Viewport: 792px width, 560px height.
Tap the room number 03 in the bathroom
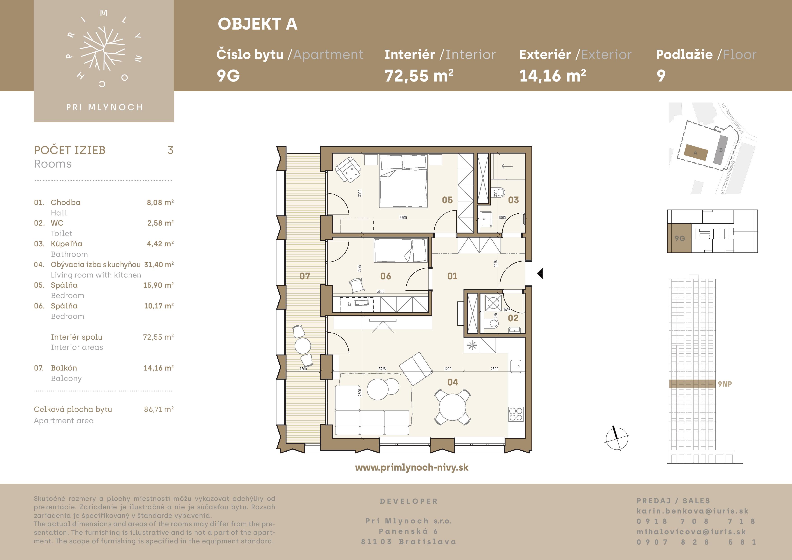tap(513, 200)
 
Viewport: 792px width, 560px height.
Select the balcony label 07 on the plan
tap(305, 276)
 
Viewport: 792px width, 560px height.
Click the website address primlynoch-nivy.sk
tap(412, 467)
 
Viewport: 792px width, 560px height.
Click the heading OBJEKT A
tap(257, 24)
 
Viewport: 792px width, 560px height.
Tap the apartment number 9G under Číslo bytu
tap(228, 76)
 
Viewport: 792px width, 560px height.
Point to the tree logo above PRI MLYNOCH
tap(102, 48)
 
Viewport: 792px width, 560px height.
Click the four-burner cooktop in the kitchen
tap(516, 414)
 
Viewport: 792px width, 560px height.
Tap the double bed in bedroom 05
tap(403, 181)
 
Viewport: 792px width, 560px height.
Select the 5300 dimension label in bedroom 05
tap(403, 218)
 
